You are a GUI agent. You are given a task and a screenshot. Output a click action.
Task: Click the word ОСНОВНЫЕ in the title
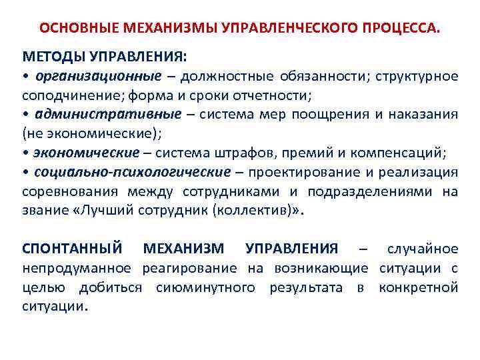tap(71, 29)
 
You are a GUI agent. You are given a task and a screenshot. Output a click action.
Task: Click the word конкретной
tap(418, 288)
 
